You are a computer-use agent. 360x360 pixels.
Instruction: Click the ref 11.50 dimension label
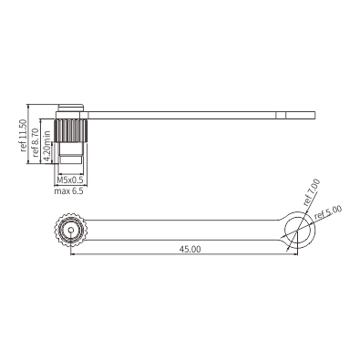23,135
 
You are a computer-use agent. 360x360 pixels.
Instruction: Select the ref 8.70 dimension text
36,142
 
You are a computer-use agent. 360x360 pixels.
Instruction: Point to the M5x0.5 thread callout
70,180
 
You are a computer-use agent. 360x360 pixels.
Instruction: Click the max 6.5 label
68,191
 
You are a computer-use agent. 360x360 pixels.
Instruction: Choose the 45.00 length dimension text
190,249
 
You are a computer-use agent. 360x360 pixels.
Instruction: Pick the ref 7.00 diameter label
312,192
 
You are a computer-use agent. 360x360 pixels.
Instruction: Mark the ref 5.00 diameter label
328,212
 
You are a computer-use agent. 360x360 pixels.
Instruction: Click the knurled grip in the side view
71,130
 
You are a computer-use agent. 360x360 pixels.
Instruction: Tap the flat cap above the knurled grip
71,108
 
